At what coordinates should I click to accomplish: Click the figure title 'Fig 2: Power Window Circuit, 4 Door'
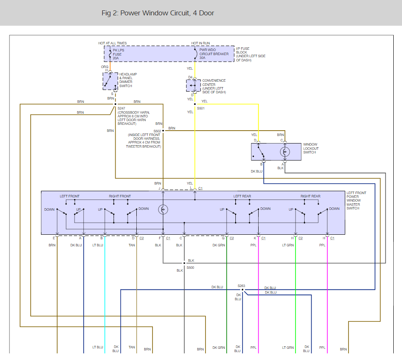pos(157,13)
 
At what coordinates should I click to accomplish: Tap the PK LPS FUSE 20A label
pos(119,54)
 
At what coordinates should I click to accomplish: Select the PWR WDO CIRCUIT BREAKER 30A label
pos(214,54)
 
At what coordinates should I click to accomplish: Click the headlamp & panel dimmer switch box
pos(111,81)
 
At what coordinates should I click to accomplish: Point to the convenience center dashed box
pos(194,85)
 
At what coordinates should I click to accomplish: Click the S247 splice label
pos(121,108)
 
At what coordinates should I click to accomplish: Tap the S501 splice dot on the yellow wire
pos(195,104)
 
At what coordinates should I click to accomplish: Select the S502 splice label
pos(157,131)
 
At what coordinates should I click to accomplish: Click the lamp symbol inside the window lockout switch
pos(285,152)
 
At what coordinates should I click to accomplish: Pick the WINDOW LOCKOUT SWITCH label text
pos(311,148)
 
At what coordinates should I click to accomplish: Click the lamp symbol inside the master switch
pos(163,209)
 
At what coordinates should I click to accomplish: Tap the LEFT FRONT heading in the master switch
pos(70,196)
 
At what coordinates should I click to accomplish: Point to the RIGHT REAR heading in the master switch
pos(310,196)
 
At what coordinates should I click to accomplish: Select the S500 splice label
pos(190,268)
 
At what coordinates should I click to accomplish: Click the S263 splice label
pos(241,286)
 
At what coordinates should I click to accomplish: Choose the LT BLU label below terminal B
pos(98,245)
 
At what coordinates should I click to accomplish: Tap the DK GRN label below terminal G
pos(219,245)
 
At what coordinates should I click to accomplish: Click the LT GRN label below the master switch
pos(288,245)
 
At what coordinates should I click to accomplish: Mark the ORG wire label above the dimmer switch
pos(104,67)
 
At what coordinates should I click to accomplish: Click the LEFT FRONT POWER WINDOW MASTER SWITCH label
pos(356,201)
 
